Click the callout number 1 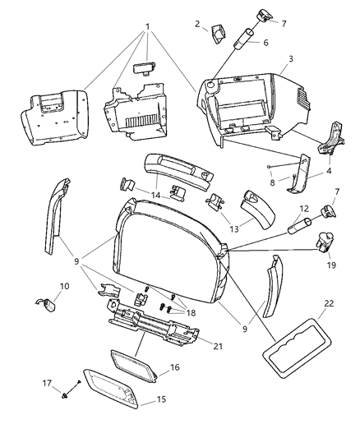click(147, 25)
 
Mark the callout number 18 click(192, 311)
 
